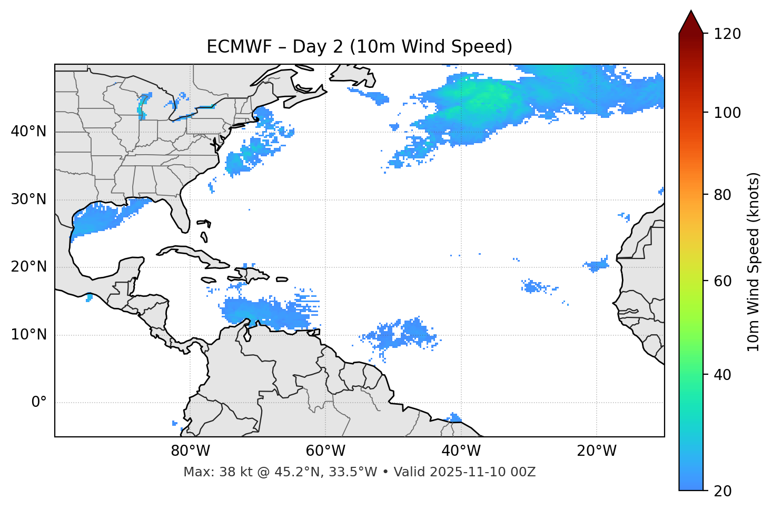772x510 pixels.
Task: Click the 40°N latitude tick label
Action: [x=28, y=132]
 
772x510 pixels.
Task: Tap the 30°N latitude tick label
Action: [x=28, y=199]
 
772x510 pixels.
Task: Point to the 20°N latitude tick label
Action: [x=28, y=267]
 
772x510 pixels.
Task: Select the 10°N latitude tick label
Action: [x=28, y=335]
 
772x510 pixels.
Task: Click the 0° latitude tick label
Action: [x=38, y=403]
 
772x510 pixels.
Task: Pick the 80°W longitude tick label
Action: [x=190, y=451]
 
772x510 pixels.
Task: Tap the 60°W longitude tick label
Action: [x=325, y=451]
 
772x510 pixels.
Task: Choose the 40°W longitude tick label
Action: [x=461, y=451]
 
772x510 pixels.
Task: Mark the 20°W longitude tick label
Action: [x=597, y=451]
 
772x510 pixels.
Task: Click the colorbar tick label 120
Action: [x=727, y=34]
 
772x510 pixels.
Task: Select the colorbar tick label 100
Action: [x=727, y=113]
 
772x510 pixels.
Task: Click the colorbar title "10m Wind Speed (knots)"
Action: [x=754, y=262]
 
